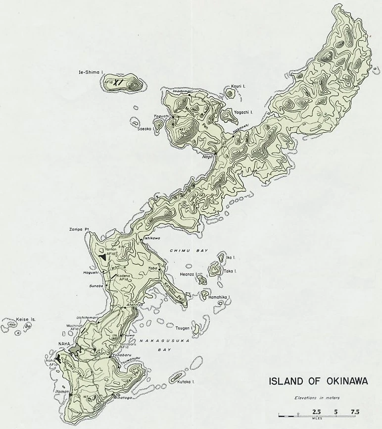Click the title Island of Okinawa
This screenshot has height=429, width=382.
311,382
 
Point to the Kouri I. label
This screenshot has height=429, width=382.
239,87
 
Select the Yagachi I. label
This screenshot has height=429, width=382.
242,112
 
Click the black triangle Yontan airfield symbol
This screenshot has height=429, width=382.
103,258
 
